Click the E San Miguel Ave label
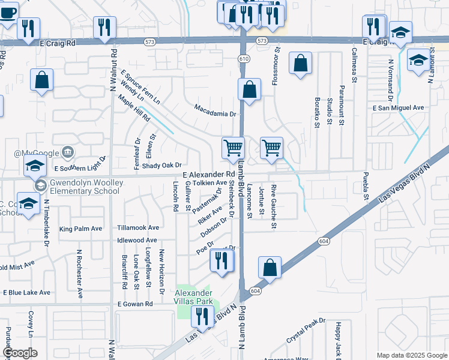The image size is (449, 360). click(398, 107)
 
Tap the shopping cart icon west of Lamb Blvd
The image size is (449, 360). click(232, 147)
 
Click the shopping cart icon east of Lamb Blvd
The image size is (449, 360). click(272, 147)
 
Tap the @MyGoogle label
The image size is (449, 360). click(40, 153)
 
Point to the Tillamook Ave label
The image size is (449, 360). click(138, 228)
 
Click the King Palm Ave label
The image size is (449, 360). click(80, 229)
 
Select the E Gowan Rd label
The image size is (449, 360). click(135, 304)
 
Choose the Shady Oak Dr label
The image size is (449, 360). click(162, 166)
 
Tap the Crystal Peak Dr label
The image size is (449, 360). click(306, 331)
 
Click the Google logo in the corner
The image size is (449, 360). click(20, 353)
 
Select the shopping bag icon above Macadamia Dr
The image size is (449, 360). click(249, 90)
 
